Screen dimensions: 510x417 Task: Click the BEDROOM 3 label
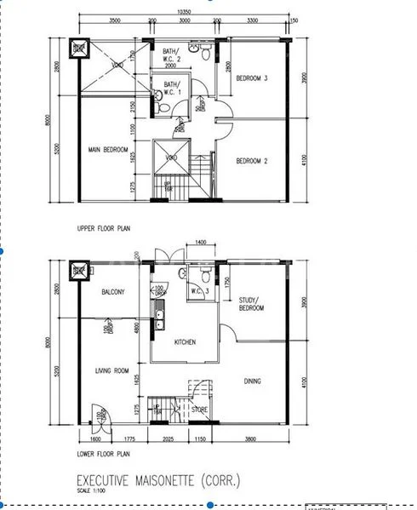pyautogui.click(x=253, y=78)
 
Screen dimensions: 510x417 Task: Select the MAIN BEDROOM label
pyautogui.click(x=107, y=151)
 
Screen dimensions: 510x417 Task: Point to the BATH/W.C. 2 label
pyautogui.click(x=171, y=56)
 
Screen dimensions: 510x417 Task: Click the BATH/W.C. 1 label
pyautogui.click(x=171, y=88)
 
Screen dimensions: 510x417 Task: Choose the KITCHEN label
pyautogui.click(x=185, y=342)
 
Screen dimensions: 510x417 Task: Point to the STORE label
pyautogui.click(x=199, y=409)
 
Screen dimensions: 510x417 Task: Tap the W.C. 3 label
pyautogui.click(x=201, y=290)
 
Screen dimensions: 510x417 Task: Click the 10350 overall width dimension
pyautogui.click(x=184, y=12)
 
